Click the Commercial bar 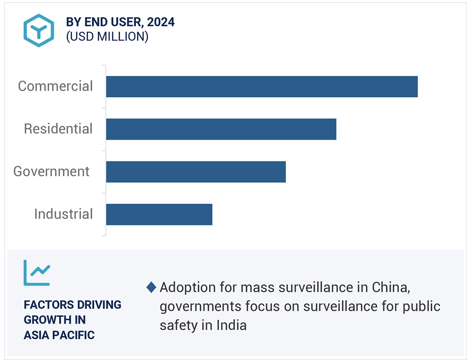261,86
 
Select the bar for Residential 221,129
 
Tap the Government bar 196,172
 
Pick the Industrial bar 159,215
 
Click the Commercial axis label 55,86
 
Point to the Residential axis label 58,129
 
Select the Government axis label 51,171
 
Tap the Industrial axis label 63,214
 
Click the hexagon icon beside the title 38,30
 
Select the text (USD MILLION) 107,37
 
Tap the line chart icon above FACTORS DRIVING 37,272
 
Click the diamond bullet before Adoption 151,287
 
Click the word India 232,325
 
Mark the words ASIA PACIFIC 59,335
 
